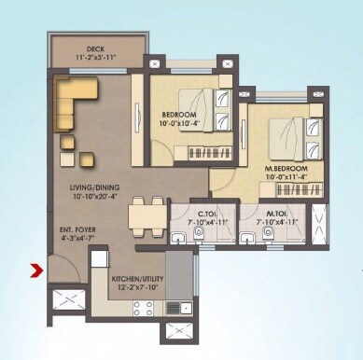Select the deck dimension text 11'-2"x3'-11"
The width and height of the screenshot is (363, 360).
pyautogui.click(x=94, y=58)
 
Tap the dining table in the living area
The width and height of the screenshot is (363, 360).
pyautogui.click(x=144, y=211)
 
